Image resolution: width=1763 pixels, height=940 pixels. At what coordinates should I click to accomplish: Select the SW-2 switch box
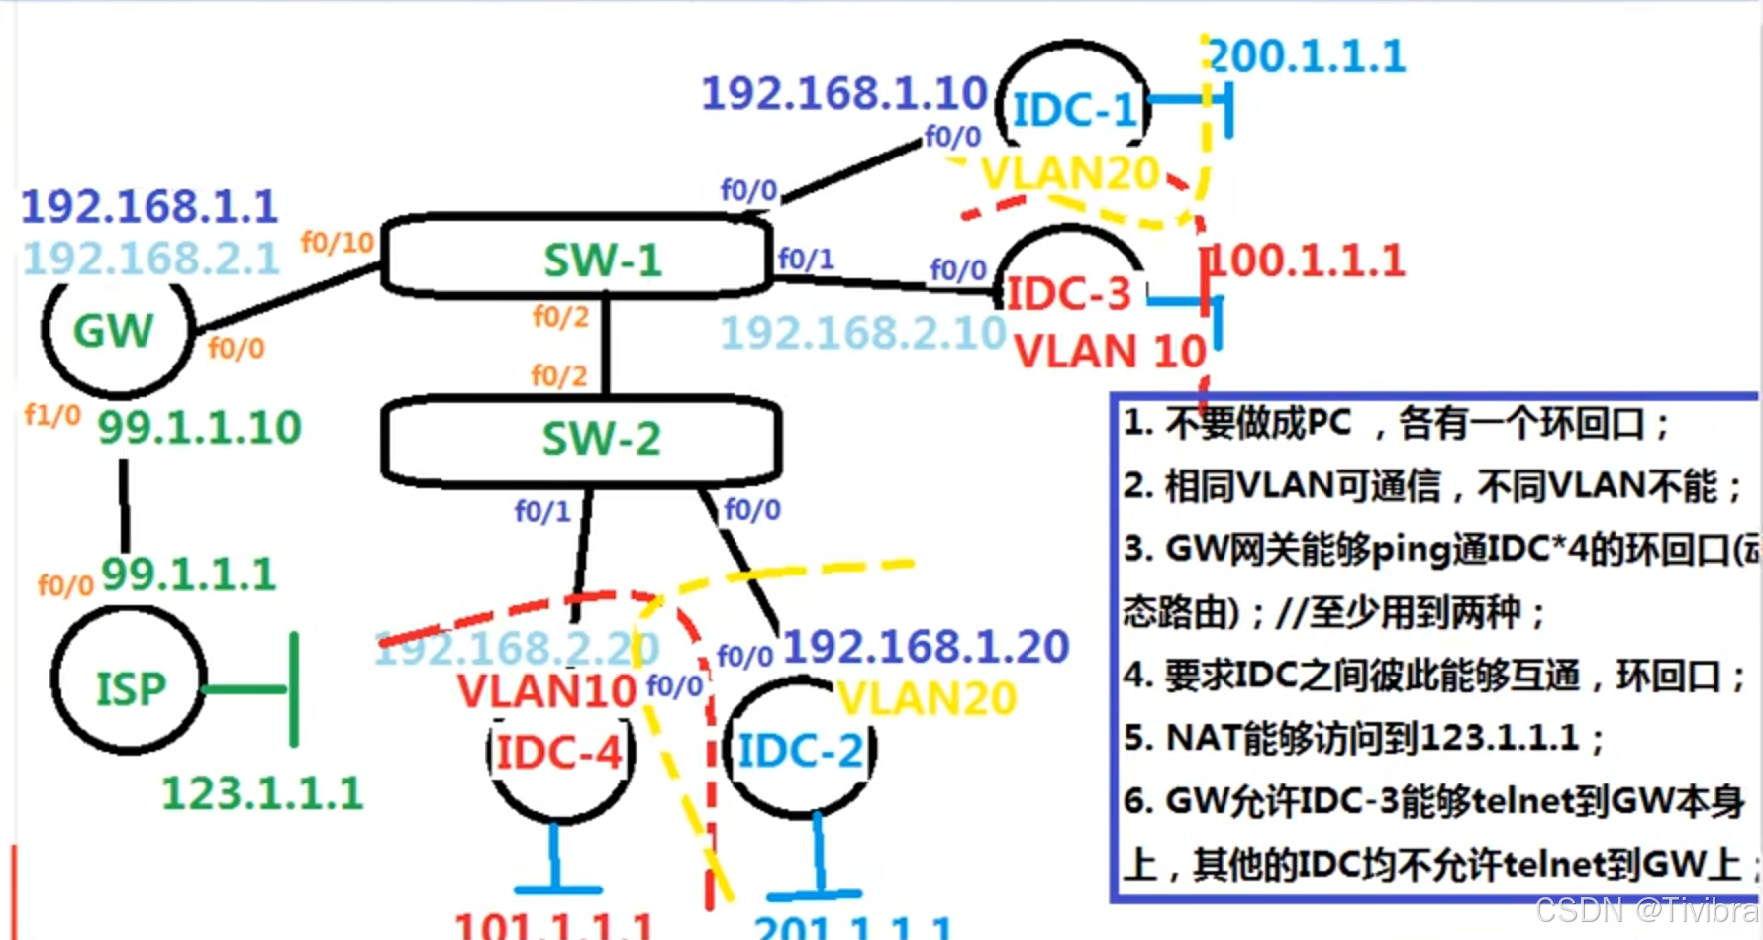pyautogui.click(x=582, y=439)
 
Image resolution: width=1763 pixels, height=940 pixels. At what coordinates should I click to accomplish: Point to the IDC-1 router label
pyautogui.click(x=1074, y=109)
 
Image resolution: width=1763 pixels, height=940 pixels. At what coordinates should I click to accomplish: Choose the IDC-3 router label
pyautogui.click(x=1068, y=294)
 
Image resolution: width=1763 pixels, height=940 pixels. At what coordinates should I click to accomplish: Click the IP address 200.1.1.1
pyautogui.click(x=1307, y=56)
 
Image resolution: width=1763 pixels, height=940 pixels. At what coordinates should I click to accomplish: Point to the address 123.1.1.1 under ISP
pyautogui.click(x=262, y=793)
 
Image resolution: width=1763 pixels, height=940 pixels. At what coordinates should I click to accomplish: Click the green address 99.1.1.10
pyautogui.click(x=199, y=428)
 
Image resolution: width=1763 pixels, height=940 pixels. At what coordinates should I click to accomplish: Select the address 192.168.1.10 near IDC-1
pyautogui.click(x=844, y=94)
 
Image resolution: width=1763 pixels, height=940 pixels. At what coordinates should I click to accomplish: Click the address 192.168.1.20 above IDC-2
pyautogui.click(x=926, y=647)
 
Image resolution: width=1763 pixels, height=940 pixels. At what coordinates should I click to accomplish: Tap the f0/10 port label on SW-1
pyautogui.click(x=337, y=242)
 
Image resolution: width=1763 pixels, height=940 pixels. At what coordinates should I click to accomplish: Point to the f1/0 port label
pyautogui.click(x=52, y=414)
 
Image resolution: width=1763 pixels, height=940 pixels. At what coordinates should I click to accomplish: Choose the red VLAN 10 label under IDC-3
pyautogui.click(x=1110, y=352)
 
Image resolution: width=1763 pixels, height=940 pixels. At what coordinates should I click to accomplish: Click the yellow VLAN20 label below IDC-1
pyautogui.click(x=1070, y=174)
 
